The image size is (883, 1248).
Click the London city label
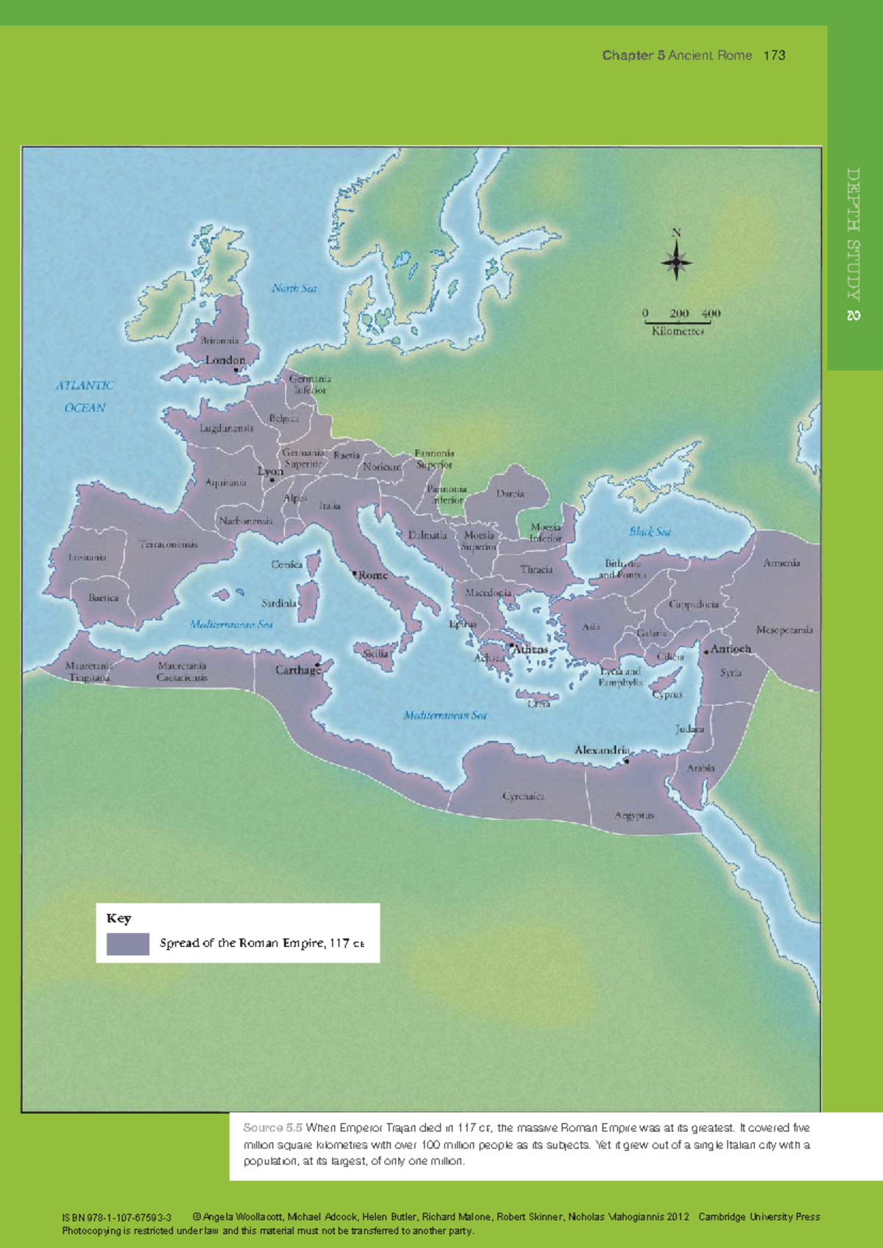tap(224, 360)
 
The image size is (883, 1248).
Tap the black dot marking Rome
tap(354, 573)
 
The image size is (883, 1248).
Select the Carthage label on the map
tap(297, 670)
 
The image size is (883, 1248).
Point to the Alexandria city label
tap(601, 750)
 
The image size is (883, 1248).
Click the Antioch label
tap(730, 649)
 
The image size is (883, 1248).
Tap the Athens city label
tap(531, 649)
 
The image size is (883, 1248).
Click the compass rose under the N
tap(676, 262)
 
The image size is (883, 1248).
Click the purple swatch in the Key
tap(128, 944)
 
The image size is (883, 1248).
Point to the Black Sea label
tap(649, 531)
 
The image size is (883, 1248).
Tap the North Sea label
tap(294, 288)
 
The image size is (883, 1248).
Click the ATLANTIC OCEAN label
tap(85, 396)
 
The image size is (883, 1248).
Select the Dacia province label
tap(509, 494)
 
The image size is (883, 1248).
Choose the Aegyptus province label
tap(634, 815)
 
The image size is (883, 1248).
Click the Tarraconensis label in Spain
tap(169, 545)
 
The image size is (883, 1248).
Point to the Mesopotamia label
tap(784, 630)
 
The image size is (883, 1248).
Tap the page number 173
tap(774, 55)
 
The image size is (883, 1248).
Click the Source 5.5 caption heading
tap(272, 1127)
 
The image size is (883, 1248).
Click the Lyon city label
tap(270, 471)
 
